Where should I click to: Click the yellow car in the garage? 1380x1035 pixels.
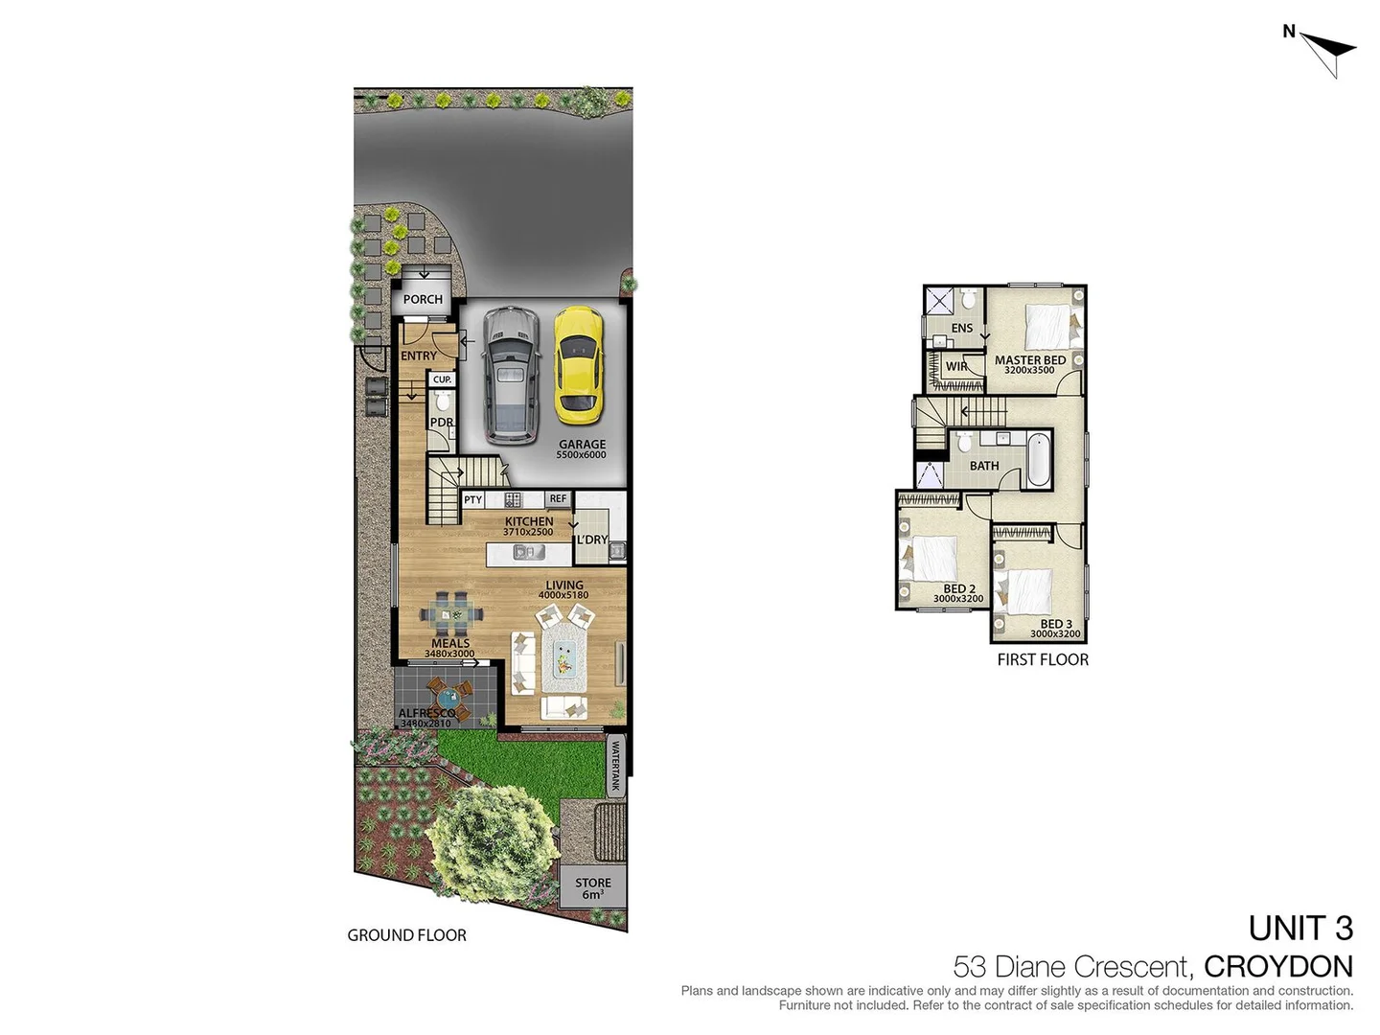(x=578, y=365)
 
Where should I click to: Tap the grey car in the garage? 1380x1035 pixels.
(x=511, y=375)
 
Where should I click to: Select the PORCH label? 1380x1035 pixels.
(x=423, y=299)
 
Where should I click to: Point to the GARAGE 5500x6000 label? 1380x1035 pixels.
(x=582, y=448)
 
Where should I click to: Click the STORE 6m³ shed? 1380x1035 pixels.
(x=592, y=888)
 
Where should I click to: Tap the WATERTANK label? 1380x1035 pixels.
(x=615, y=768)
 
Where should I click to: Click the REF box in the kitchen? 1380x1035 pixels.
(x=558, y=499)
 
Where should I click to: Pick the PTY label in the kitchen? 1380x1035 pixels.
(x=472, y=500)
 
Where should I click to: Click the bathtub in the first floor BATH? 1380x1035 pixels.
(x=1038, y=461)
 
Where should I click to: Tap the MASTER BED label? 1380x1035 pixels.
(x=1029, y=361)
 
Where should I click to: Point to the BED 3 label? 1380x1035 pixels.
(x=1056, y=625)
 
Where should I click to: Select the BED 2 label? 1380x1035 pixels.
(x=958, y=589)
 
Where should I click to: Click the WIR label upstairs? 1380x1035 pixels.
(x=956, y=366)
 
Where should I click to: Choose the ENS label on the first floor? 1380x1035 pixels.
(x=961, y=328)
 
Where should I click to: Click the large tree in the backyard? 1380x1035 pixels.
(x=491, y=840)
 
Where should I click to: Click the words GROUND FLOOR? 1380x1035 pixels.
(x=406, y=935)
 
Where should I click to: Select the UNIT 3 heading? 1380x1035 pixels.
(x=1300, y=929)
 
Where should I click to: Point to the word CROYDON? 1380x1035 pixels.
(x=1277, y=966)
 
